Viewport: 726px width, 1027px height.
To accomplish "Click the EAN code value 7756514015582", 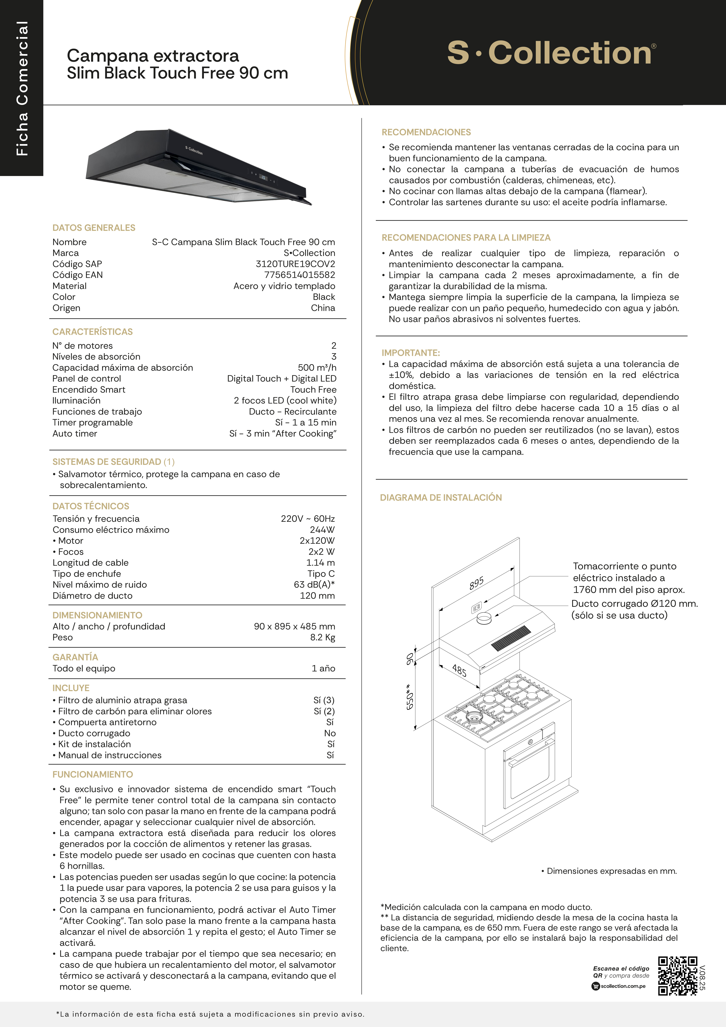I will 300,275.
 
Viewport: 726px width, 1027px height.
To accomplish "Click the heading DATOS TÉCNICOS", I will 91,506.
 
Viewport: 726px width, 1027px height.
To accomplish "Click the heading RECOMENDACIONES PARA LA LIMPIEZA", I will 466,238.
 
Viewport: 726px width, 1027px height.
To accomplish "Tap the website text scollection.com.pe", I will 623,986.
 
